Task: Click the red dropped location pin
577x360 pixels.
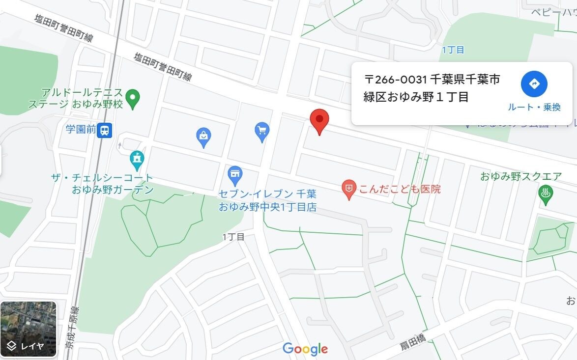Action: (319, 120)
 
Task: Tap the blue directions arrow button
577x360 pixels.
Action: (534, 83)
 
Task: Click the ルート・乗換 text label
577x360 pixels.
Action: (534, 107)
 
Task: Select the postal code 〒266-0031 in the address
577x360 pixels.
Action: (395, 79)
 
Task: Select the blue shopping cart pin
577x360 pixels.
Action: (262, 131)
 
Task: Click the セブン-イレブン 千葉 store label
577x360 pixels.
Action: (267, 194)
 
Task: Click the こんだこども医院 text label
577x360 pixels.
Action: (400, 189)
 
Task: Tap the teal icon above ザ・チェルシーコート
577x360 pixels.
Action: (136, 159)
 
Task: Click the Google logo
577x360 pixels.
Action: (305, 349)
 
